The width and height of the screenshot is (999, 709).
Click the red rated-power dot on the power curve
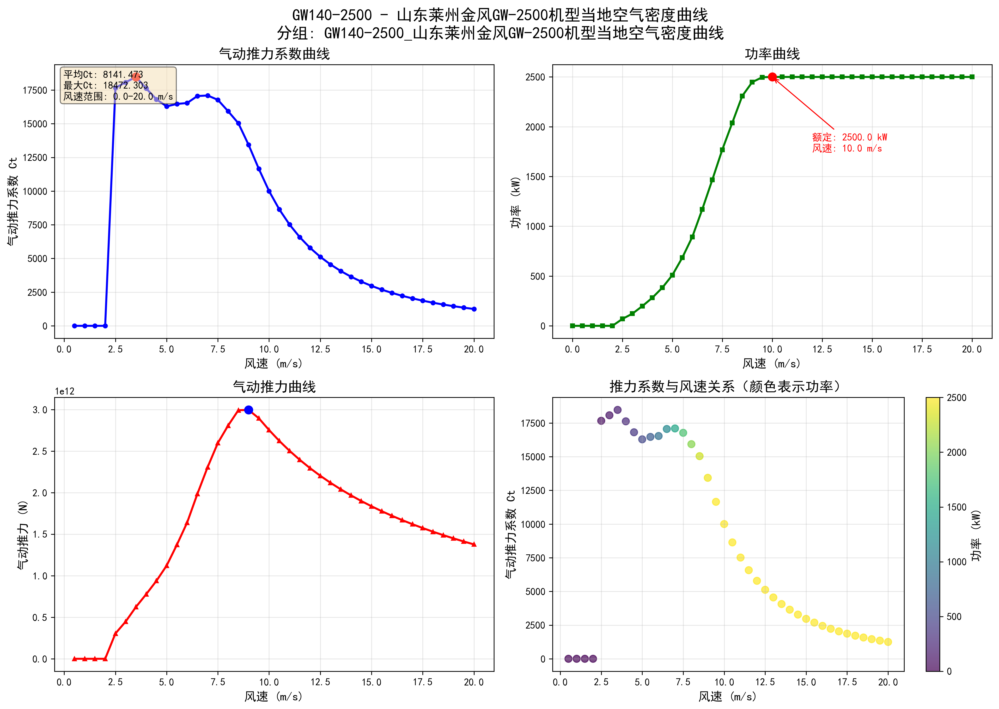point(772,77)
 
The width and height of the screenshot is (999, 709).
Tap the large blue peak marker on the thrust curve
point(249,410)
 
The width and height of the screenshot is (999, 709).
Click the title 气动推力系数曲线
point(274,54)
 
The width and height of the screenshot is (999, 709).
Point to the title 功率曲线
point(772,54)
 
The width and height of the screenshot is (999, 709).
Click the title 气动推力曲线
point(274,387)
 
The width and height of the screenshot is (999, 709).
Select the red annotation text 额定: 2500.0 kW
point(849,137)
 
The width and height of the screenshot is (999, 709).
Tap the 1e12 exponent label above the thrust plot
point(65,391)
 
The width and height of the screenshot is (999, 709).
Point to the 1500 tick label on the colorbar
point(956,507)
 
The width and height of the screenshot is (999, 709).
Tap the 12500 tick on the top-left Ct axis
point(35,158)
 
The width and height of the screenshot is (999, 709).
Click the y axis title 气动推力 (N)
point(23,534)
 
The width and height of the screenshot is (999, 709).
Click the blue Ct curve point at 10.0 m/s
point(269,191)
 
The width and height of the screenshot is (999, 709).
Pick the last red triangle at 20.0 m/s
point(474,544)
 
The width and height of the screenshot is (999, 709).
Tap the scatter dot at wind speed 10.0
point(724,524)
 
